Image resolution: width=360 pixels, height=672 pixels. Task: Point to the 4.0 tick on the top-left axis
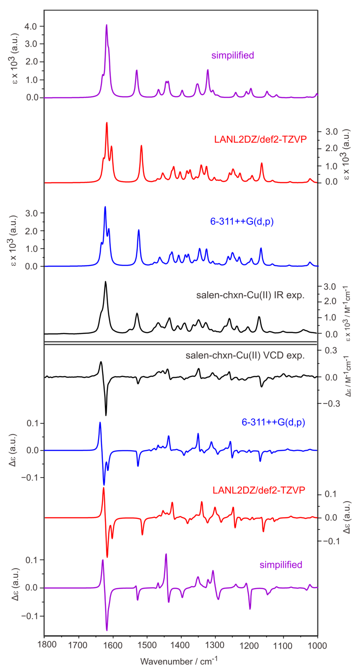(x=30, y=26)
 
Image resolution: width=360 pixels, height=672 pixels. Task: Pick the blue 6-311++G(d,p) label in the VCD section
(x=273, y=422)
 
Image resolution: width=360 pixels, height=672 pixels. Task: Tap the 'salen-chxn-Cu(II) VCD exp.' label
(x=245, y=355)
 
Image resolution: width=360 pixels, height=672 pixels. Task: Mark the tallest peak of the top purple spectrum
(x=106, y=25)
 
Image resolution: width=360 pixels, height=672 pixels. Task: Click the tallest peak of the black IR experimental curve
(x=105, y=282)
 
